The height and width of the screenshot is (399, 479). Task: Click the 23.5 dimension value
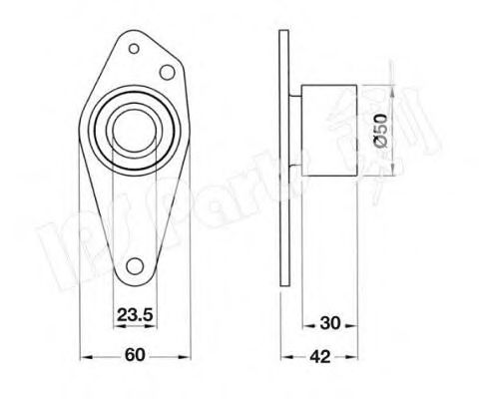[134, 316]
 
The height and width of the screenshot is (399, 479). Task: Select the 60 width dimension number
[133, 352]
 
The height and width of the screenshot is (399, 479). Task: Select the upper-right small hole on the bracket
[169, 71]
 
